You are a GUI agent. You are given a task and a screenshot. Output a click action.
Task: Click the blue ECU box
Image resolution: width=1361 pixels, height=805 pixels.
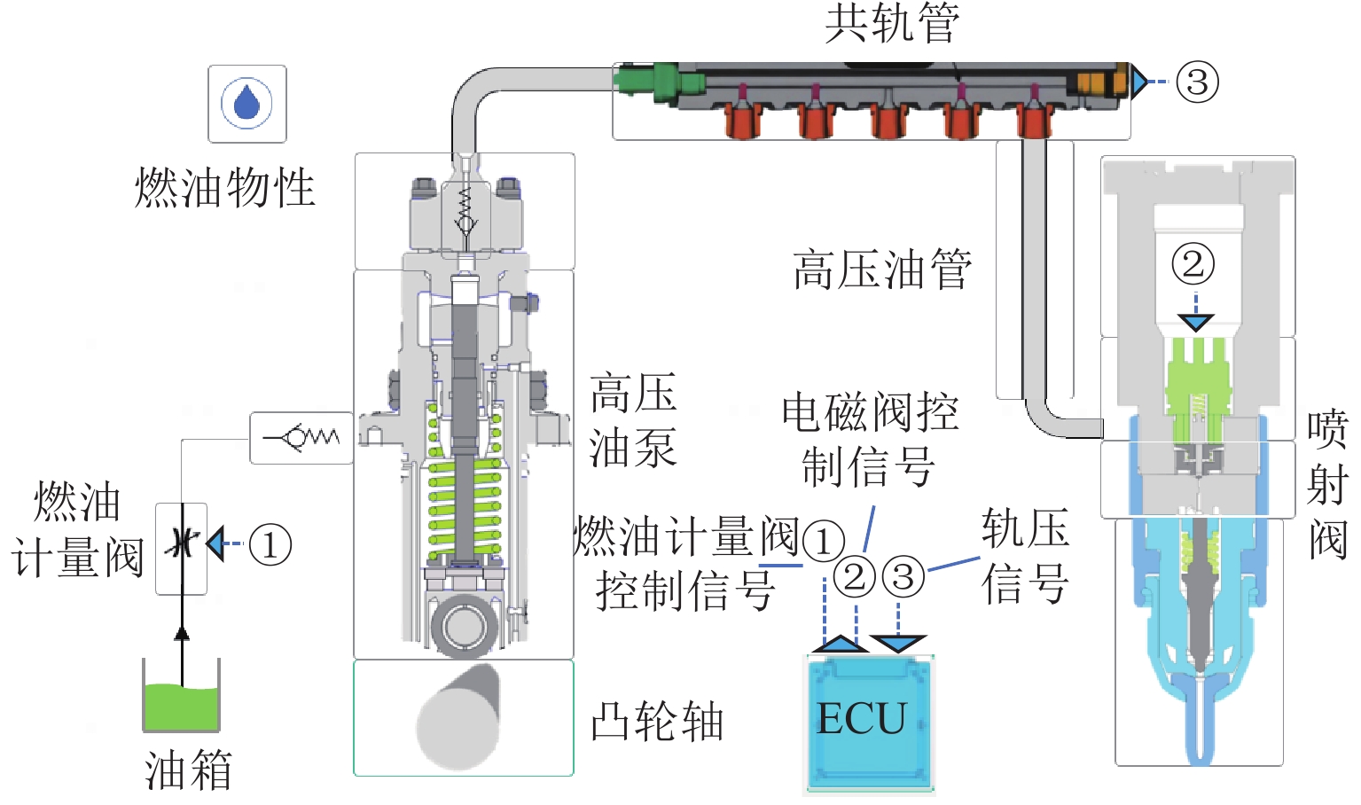[869, 723]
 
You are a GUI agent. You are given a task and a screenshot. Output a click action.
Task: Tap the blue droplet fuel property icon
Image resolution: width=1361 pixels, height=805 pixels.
[246, 103]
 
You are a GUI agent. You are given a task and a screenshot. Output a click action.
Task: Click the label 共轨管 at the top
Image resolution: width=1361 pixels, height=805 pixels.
[891, 23]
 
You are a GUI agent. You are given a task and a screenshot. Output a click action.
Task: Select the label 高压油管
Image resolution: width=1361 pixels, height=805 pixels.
[882, 270]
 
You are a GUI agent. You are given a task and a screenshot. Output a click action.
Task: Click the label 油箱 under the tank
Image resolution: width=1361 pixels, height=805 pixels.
[188, 770]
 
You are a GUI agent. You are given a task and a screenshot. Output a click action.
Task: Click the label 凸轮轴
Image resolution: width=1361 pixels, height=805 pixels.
[657, 722]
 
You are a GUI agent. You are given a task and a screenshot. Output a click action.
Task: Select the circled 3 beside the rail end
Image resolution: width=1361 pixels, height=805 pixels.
[1197, 82]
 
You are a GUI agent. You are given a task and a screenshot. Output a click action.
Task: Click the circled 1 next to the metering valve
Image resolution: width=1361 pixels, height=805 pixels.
[270, 543]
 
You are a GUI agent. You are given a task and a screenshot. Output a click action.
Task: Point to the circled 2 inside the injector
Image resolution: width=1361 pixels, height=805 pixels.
[1193, 263]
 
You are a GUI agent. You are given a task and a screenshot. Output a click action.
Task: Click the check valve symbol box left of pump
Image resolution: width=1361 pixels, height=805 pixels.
[301, 438]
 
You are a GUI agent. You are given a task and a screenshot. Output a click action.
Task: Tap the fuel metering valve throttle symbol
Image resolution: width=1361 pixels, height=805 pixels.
[182, 543]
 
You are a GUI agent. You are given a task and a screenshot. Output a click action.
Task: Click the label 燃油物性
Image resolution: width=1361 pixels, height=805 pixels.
[225, 188]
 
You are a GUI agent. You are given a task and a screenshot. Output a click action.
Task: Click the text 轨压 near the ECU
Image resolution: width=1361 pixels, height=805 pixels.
[1024, 530]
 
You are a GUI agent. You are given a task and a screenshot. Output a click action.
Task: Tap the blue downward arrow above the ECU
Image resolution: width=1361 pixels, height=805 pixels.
[898, 643]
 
